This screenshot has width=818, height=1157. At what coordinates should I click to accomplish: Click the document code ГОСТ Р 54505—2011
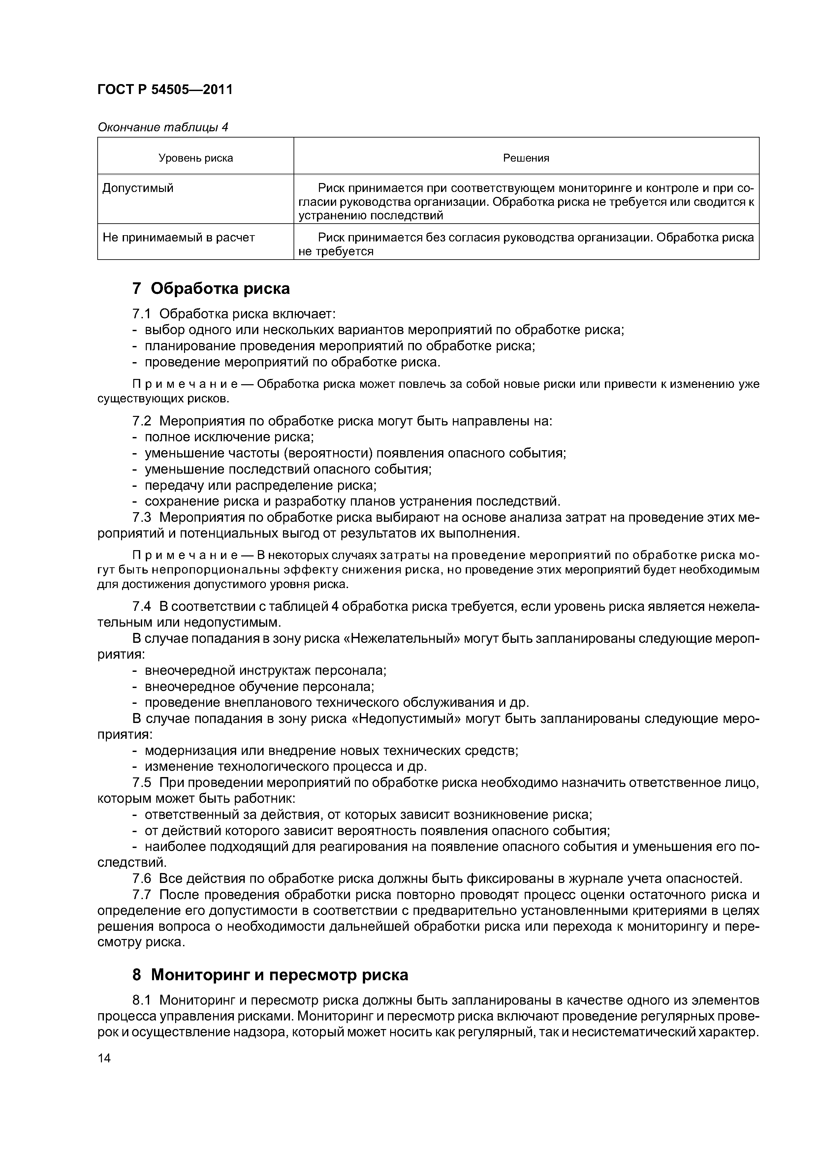coord(165,90)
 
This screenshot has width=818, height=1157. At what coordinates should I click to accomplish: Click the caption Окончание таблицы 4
coord(163,128)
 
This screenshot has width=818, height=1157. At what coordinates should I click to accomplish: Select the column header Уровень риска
coord(196,158)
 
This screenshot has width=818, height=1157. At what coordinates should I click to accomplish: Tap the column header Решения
coord(526,158)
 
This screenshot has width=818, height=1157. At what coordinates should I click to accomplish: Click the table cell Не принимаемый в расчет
coord(178,237)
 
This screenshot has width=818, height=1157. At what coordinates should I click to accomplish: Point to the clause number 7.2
coord(141,421)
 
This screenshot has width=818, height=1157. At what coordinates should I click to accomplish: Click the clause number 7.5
coord(141,783)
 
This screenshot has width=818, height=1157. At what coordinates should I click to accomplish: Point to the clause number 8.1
coord(141,1000)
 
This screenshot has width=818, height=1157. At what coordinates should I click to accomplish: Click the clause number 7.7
coord(141,895)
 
